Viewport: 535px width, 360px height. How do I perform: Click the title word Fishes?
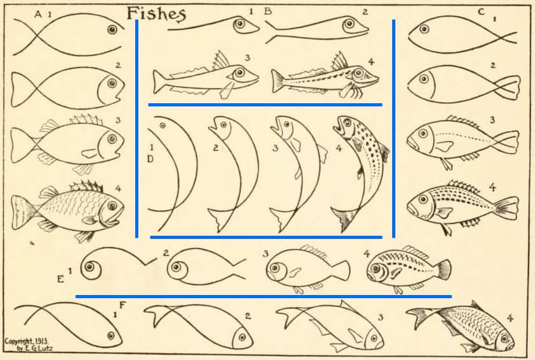(x=156, y=14)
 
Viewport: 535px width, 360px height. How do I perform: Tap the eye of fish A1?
(x=112, y=30)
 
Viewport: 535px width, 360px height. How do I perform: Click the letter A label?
(x=38, y=14)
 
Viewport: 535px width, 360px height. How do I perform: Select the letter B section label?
(x=268, y=11)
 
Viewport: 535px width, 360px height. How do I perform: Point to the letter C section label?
(x=481, y=12)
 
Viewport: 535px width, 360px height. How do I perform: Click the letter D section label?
(x=150, y=159)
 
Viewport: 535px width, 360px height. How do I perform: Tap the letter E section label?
(x=61, y=279)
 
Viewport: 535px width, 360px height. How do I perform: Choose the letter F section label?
(x=122, y=305)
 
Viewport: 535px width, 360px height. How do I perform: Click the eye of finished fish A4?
(x=112, y=206)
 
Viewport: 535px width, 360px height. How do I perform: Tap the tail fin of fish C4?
(x=508, y=207)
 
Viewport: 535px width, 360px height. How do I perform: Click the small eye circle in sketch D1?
(x=163, y=126)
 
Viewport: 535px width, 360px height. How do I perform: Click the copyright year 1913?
(x=41, y=341)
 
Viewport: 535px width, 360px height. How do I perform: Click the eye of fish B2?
(x=349, y=24)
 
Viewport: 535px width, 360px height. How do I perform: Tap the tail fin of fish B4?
(x=278, y=81)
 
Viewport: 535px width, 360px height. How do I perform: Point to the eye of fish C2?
(x=424, y=79)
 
